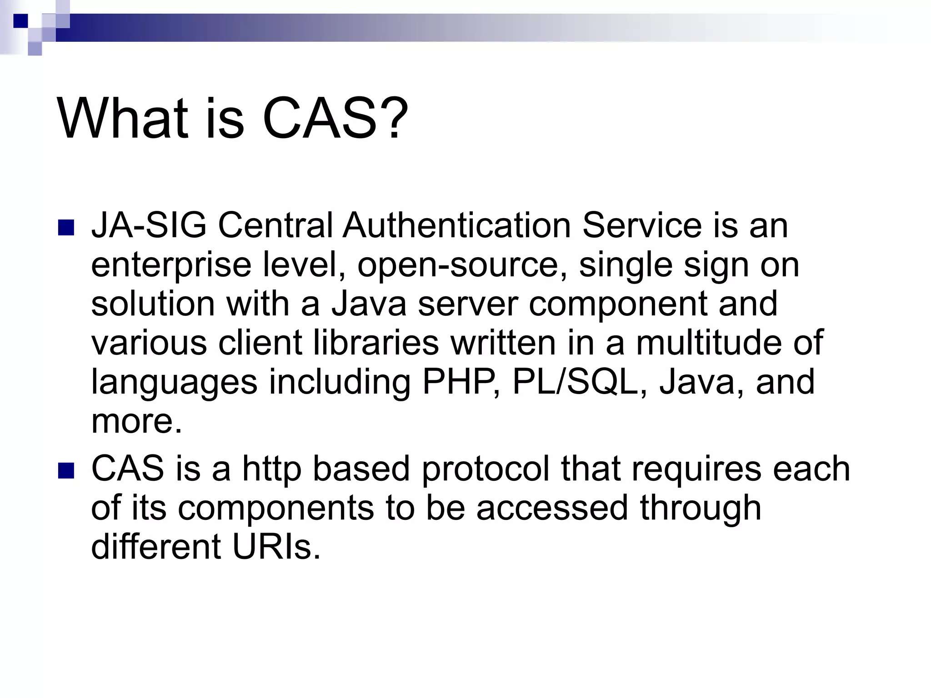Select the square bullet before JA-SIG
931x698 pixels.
pyautogui.click(x=66, y=228)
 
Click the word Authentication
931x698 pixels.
pyautogui.click(x=456, y=226)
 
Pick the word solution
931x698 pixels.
pyautogui.click(x=153, y=304)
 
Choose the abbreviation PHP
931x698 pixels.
pyautogui.click(x=461, y=382)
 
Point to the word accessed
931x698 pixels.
pyautogui.click(x=552, y=508)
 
